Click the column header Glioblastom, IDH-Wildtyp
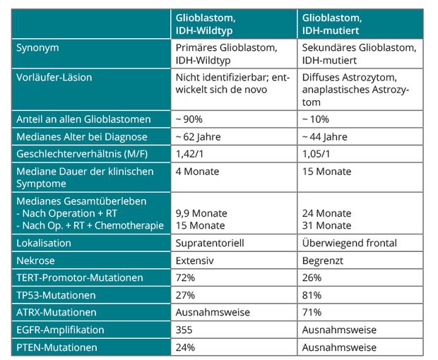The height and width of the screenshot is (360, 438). [206, 24]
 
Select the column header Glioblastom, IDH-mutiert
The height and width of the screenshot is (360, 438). [332, 24]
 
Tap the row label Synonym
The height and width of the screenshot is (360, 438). [37, 48]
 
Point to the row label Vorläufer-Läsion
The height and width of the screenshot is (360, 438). [54, 78]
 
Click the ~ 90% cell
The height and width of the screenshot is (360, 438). [189, 119]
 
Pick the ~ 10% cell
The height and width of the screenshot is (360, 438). [315, 119]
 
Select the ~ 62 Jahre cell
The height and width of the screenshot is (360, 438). [198, 137]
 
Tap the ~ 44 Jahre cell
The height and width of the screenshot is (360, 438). [324, 137]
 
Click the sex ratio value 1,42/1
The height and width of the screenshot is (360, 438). [189, 154]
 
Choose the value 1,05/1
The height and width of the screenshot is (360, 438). [316, 154]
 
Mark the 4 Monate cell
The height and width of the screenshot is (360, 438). [197, 172]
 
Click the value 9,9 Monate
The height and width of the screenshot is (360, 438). [201, 213]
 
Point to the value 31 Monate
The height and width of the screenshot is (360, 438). [326, 225]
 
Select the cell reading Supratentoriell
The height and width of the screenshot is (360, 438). [210, 243]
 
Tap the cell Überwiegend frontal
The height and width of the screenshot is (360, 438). [350, 243]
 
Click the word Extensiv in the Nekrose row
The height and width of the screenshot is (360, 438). [195, 260]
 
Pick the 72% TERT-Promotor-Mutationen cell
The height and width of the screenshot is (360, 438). [185, 277]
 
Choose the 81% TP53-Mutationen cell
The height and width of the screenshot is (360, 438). [312, 295]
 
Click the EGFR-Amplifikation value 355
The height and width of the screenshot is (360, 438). [184, 330]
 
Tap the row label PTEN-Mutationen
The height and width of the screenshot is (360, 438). [57, 347]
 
